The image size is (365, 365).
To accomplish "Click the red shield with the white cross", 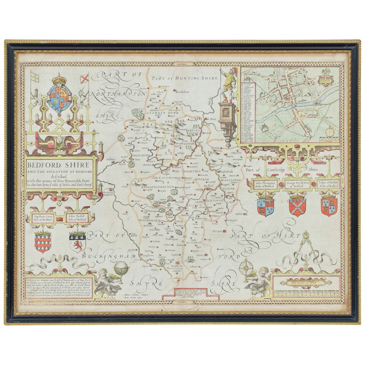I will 297,206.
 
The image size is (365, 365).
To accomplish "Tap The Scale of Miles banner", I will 306,282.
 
